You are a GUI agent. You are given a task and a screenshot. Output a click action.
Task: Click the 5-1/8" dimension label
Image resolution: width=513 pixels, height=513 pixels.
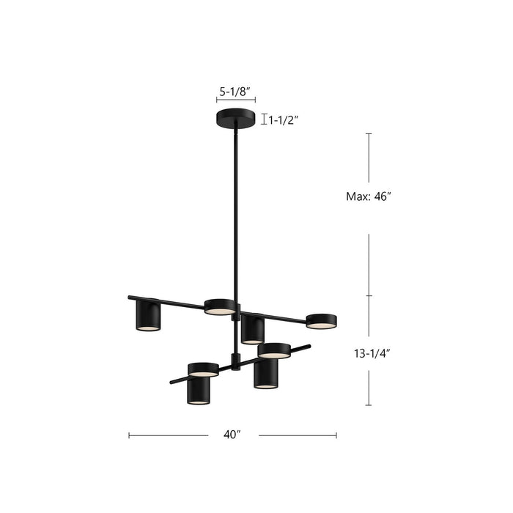pos(235,92)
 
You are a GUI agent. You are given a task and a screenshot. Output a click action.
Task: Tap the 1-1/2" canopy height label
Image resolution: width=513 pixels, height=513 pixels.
pos(284,120)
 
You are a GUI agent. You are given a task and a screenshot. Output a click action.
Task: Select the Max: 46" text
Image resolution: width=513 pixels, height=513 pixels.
pos(369,196)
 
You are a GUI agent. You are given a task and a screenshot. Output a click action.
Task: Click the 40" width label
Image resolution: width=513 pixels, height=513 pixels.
pos(232,435)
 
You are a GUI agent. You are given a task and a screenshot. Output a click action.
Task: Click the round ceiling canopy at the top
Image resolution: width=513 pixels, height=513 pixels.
pos(235,119)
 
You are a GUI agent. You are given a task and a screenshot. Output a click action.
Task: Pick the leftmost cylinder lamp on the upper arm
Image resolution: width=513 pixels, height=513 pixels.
pos(148,316)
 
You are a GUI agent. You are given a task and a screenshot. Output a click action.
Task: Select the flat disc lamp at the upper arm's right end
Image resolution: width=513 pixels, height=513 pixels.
pos(321,321)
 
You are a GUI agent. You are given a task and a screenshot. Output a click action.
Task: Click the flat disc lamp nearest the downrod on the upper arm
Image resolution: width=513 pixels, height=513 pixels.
pos(219,307)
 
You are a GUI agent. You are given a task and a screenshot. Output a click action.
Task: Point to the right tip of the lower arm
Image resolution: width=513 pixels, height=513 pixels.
pos(309,347)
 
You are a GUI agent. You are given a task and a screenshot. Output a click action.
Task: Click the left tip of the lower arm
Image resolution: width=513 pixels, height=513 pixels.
pos(171,382)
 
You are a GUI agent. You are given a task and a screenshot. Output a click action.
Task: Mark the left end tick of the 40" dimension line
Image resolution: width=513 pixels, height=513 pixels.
pos(129,435)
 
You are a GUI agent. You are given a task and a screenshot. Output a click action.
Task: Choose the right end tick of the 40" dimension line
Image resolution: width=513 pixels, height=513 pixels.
pos(336,435)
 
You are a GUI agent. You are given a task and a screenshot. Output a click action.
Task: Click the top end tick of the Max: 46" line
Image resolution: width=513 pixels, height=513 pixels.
pos(369,133)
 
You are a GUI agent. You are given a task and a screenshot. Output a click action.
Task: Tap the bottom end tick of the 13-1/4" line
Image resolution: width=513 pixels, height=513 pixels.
pos(369,405)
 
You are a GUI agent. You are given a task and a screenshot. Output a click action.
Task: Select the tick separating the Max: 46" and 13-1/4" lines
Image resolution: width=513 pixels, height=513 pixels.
pos(369,296)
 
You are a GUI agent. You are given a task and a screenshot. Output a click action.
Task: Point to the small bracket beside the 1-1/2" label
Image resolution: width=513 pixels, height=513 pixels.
pos(264,119)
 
